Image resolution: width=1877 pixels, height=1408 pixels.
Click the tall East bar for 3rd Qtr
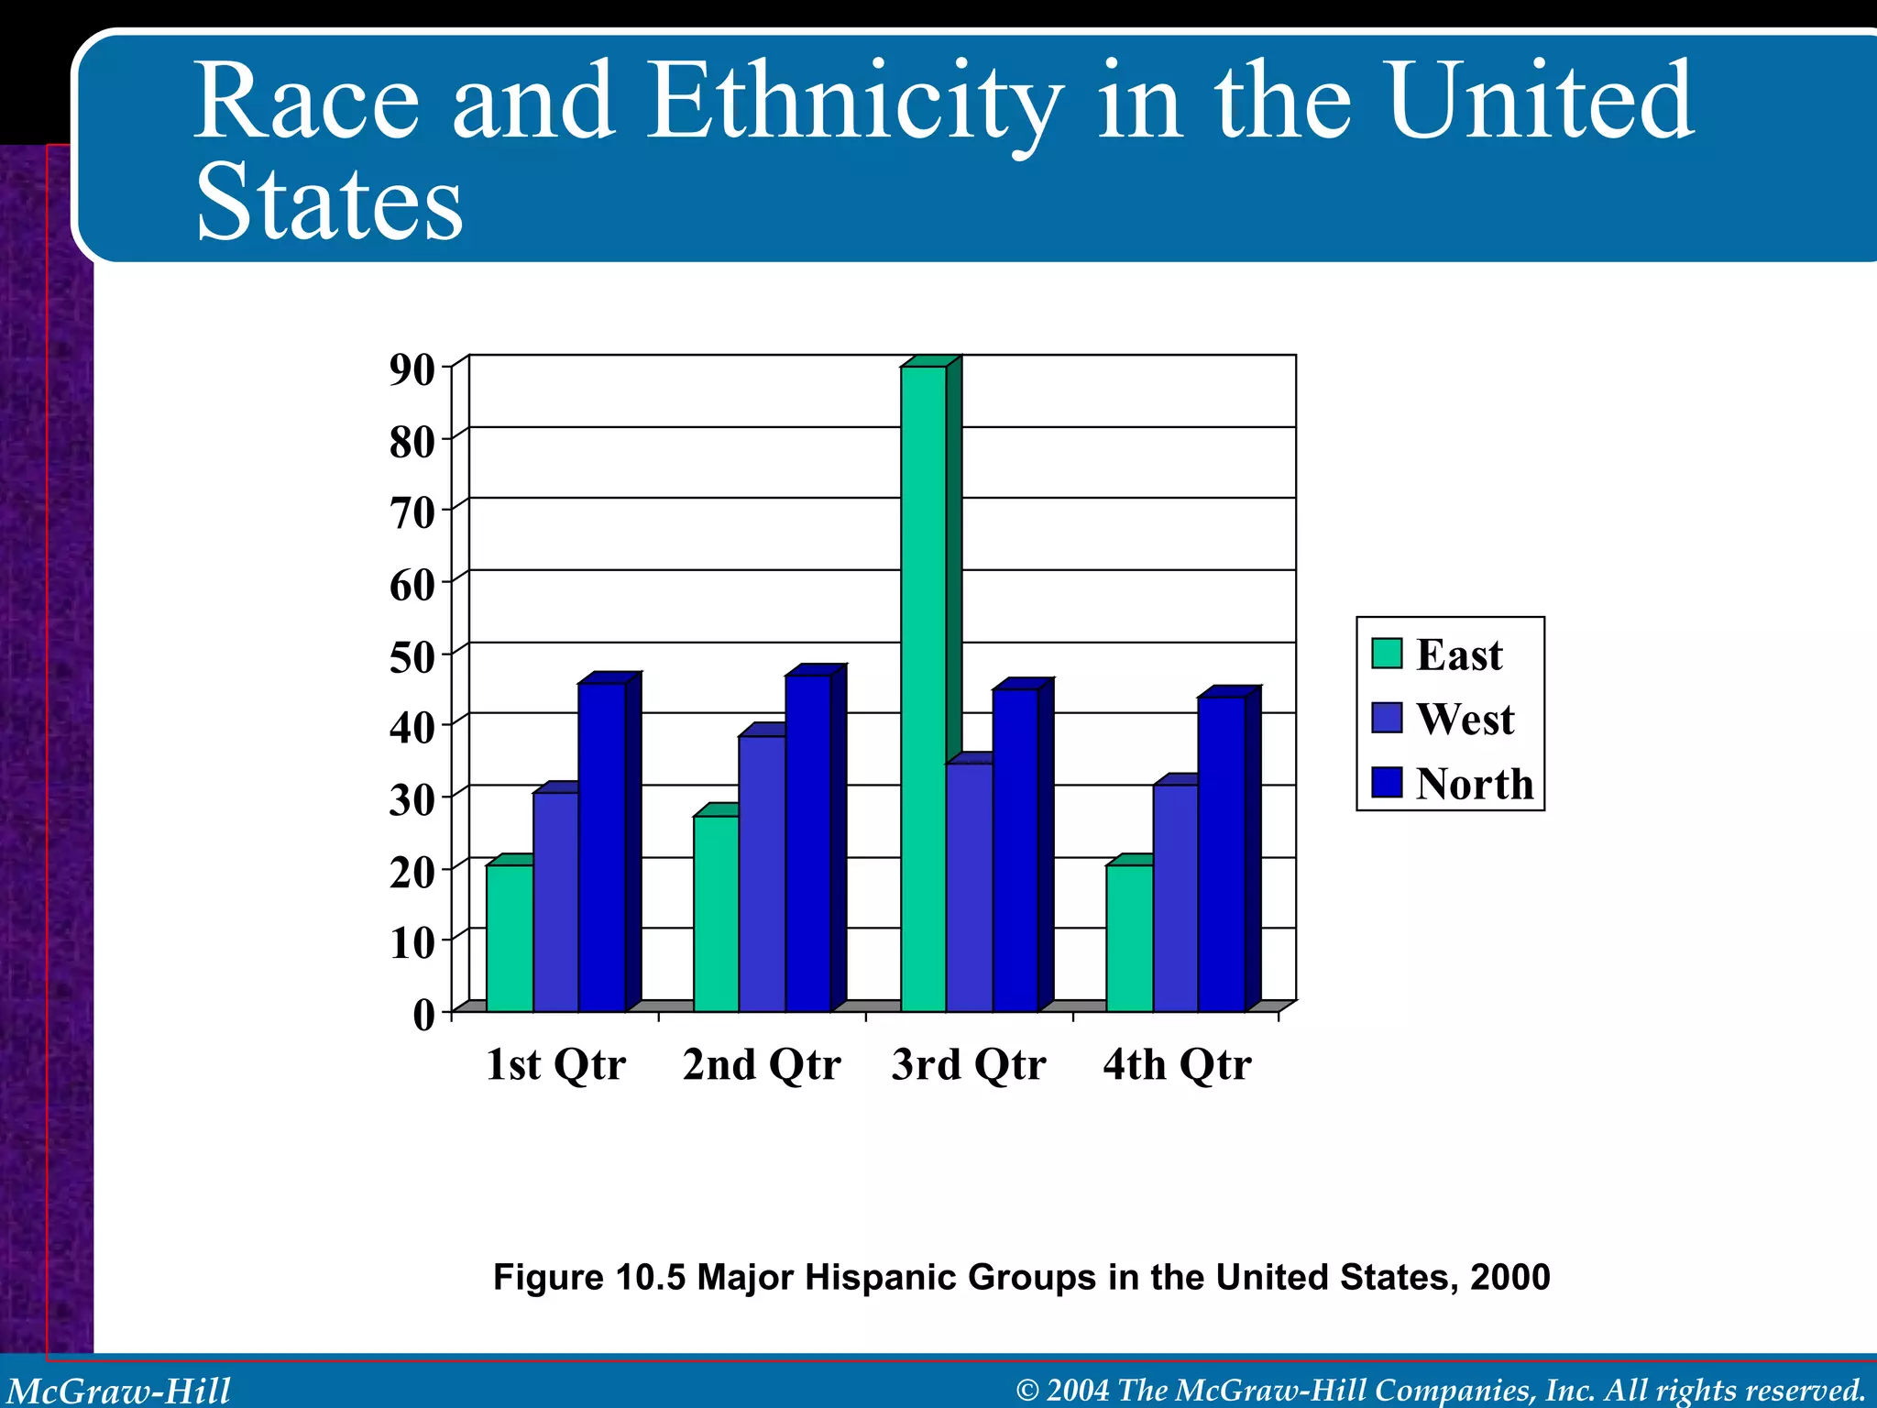tap(923, 687)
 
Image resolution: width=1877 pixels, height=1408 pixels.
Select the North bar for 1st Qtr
tap(602, 848)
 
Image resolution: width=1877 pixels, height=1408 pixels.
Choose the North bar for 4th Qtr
tap(1222, 853)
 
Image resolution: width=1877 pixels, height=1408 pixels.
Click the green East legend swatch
tap(1387, 654)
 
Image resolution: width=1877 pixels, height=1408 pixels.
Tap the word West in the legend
tap(1465, 719)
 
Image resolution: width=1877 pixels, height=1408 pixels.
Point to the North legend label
tap(1474, 784)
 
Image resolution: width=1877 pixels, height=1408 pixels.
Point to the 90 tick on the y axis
tap(412, 369)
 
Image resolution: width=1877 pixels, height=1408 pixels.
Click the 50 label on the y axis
tap(412, 657)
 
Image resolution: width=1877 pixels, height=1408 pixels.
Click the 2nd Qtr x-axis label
tap(762, 1064)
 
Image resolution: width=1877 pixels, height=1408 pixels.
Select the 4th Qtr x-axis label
tap(1177, 1064)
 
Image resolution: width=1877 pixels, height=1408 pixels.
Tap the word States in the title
tap(330, 203)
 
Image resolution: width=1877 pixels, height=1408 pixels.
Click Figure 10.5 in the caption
tap(588, 1277)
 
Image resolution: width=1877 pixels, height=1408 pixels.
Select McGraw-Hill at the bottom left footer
tap(119, 1391)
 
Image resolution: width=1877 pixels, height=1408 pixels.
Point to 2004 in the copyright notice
tap(1078, 1391)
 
